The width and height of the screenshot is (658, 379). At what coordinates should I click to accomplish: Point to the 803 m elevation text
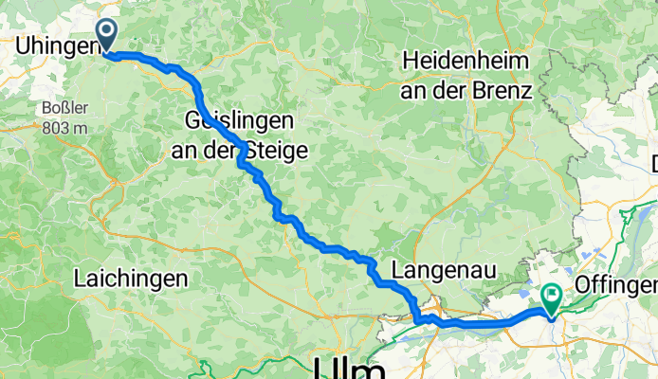(63, 127)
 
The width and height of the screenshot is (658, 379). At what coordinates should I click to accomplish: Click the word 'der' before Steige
(223, 150)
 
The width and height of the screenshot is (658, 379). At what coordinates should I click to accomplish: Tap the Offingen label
(616, 285)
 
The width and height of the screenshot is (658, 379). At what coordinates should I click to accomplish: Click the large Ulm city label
(348, 368)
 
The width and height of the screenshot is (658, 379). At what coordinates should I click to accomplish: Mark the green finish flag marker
(551, 298)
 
